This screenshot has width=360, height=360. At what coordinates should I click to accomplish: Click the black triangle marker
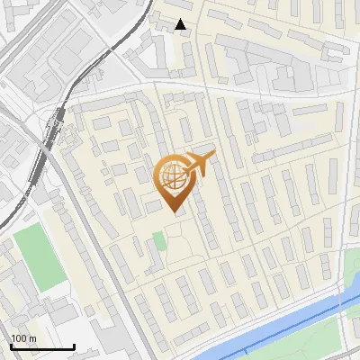[x=182, y=24]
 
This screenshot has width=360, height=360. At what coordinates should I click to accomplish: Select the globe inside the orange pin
[x=172, y=177]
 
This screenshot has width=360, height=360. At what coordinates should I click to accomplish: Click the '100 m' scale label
[x=23, y=338]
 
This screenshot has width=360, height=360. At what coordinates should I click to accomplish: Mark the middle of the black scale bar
[x=41, y=346]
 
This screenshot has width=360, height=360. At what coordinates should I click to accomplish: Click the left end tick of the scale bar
[x=10, y=345]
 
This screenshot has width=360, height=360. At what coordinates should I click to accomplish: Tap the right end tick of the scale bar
[x=74, y=345]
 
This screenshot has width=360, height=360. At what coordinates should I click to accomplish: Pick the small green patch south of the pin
[x=159, y=240]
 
